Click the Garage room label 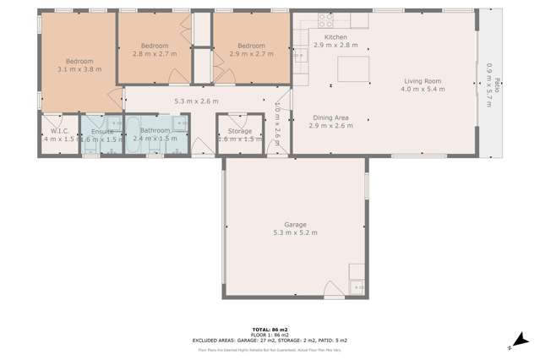[x=295, y=224]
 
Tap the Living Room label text [x=422, y=81]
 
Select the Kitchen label [x=335, y=37]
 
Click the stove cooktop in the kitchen [x=325, y=19]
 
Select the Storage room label [x=240, y=131]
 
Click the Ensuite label [x=102, y=131]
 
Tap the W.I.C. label [x=59, y=131]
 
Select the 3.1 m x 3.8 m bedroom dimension [x=79, y=69]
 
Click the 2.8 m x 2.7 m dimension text [x=155, y=53]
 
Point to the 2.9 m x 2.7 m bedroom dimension [x=251, y=53]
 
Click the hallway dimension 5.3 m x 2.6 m [x=195, y=101]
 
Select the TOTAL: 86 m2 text [x=270, y=328]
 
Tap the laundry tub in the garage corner [x=357, y=288]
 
